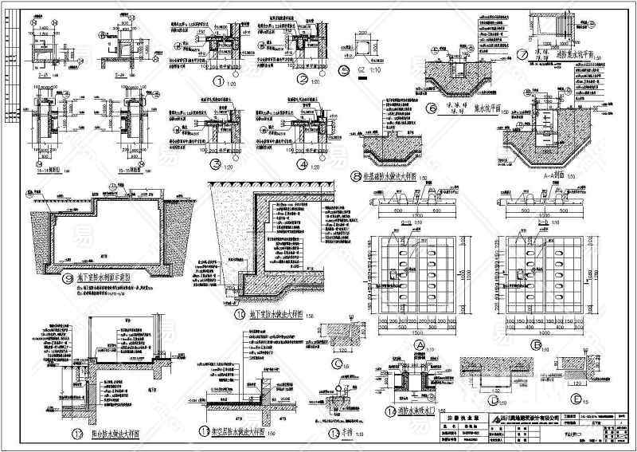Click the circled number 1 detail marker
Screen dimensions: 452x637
pos(217,80)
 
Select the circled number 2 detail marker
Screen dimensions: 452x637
pos(302,80)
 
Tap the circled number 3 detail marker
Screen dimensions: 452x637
pos(215,164)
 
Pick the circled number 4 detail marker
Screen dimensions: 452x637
pos(302,164)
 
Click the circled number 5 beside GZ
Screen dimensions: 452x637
pos(344,71)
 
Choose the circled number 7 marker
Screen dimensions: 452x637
pos(523,56)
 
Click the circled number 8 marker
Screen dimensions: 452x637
pos(356,175)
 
